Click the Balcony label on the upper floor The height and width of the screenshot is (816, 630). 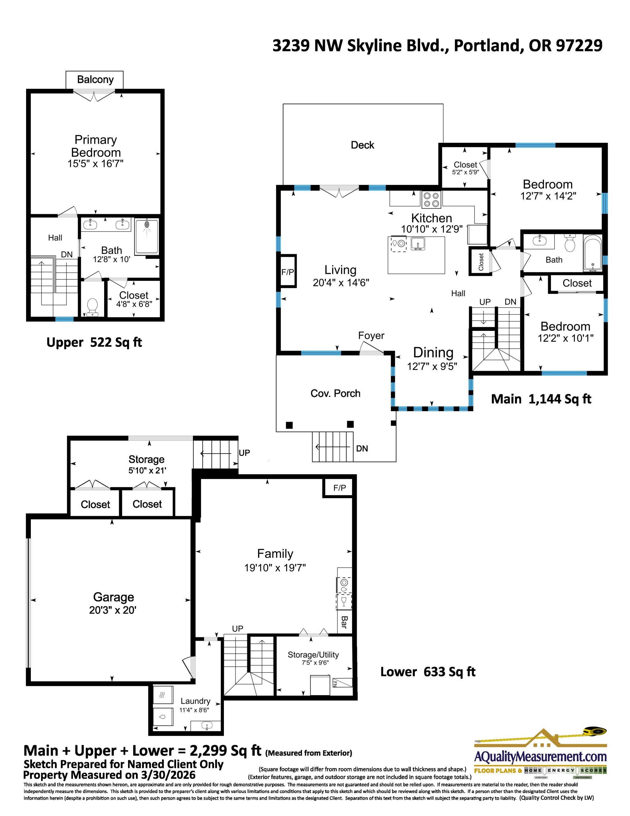(x=95, y=80)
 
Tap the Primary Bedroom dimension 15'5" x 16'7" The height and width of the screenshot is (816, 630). (x=95, y=164)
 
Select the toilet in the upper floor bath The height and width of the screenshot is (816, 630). (x=92, y=306)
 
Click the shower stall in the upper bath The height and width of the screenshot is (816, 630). (x=147, y=236)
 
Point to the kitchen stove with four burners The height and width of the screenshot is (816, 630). (x=431, y=199)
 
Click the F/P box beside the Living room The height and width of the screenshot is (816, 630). (x=288, y=272)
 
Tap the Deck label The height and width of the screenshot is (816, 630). (x=362, y=145)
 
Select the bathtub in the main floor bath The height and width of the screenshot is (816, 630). (x=593, y=253)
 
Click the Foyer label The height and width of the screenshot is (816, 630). (x=371, y=336)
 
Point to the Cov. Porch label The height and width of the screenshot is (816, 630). (x=335, y=393)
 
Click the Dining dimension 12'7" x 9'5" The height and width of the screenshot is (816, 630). (x=432, y=366)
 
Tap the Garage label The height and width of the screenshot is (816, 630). (x=113, y=597)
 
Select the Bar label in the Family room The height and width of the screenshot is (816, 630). (x=344, y=623)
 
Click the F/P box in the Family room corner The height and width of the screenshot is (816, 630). (x=340, y=488)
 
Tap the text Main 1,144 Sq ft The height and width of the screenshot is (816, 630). (x=541, y=399)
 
